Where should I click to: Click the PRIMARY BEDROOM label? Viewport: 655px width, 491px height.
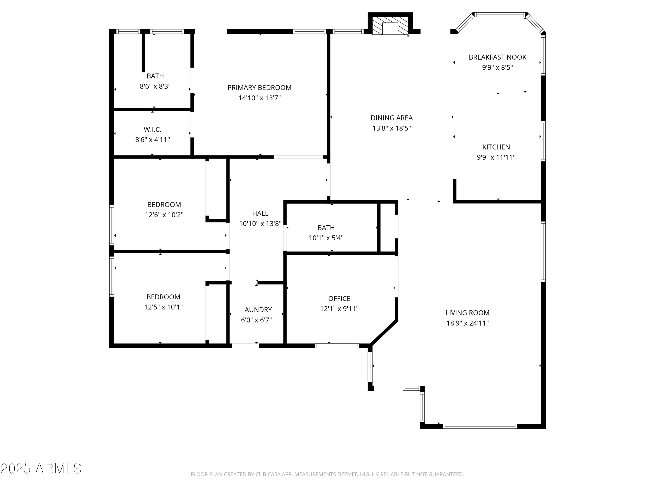[x=259, y=88]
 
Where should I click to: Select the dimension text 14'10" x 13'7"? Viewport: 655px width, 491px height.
[x=259, y=98]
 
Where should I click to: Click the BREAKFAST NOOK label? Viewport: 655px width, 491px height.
[x=497, y=57]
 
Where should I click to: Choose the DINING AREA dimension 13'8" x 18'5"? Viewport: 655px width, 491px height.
[x=391, y=128]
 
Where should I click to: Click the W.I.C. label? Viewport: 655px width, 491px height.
[x=152, y=129]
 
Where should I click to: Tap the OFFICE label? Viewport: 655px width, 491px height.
[x=339, y=298]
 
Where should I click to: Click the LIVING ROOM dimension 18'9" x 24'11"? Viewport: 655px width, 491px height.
[x=467, y=323]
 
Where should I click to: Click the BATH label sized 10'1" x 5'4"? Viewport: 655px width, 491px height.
[x=326, y=228]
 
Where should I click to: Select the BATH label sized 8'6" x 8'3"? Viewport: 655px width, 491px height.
[x=155, y=76]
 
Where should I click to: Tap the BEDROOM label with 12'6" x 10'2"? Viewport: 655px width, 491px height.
[x=164, y=204]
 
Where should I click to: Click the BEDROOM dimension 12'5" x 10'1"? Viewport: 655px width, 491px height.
[x=163, y=307]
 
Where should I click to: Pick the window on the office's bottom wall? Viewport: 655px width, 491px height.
[x=337, y=346]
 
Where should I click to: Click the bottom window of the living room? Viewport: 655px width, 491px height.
[x=480, y=426]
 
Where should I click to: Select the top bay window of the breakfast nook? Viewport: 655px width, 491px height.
[x=500, y=14]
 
